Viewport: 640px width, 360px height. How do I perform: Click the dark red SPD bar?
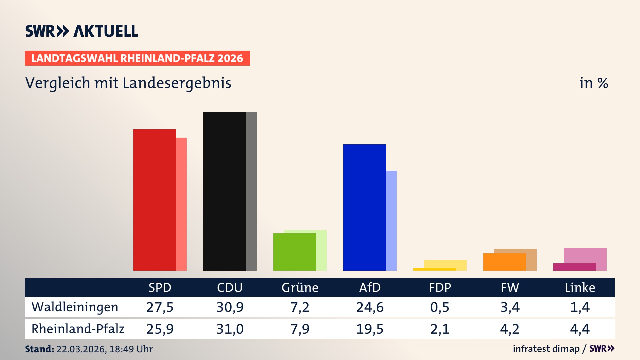point(154,200)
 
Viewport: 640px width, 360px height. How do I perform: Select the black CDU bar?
point(224,191)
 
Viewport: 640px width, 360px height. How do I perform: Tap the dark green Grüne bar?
point(294,252)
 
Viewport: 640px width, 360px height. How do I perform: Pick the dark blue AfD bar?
point(364,207)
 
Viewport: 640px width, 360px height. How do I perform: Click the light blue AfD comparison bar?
point(392,220)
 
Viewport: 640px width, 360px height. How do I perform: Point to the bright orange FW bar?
point(504,262)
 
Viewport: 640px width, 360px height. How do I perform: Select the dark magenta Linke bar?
point(574,267)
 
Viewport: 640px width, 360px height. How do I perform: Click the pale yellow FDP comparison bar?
point(445,264)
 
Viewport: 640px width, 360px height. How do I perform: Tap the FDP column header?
point(440,287)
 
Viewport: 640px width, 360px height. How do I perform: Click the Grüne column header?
point(300,287)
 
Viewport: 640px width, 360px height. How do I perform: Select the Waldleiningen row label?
point(75,307)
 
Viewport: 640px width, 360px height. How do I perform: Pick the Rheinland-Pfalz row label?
point(78,329)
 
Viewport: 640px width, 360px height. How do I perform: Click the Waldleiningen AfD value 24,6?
point(370,307)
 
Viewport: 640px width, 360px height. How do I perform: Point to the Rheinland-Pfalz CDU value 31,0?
point(230,329)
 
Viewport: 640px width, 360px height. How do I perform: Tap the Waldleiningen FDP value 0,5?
point(440,307)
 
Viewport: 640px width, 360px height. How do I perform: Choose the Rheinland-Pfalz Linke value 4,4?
point(580,329)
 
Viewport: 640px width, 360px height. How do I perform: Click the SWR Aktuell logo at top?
point(82,31)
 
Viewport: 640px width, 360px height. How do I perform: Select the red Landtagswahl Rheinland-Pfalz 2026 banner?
point(137,58)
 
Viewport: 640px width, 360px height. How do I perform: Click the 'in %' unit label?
point(593,83)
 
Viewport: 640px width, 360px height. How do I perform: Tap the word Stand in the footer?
point(39,349)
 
